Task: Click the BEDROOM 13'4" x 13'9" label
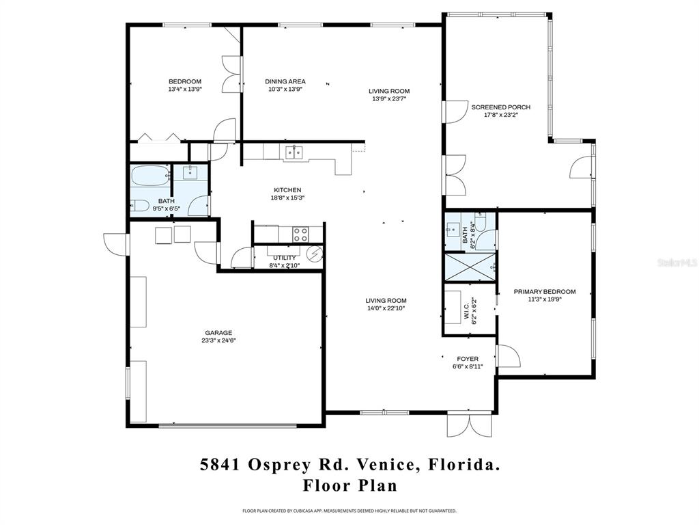184,82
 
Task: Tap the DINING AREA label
285,82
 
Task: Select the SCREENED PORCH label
500,107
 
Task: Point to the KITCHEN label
287,190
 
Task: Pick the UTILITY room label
284,258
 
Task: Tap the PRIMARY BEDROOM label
545,292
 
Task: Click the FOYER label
468,359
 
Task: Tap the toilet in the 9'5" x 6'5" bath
140,204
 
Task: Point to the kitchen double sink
295,152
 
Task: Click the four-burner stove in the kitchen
301,234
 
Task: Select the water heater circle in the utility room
315,254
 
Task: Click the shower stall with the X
470,267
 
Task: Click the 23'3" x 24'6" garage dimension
218,340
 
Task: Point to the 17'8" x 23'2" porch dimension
500,115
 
